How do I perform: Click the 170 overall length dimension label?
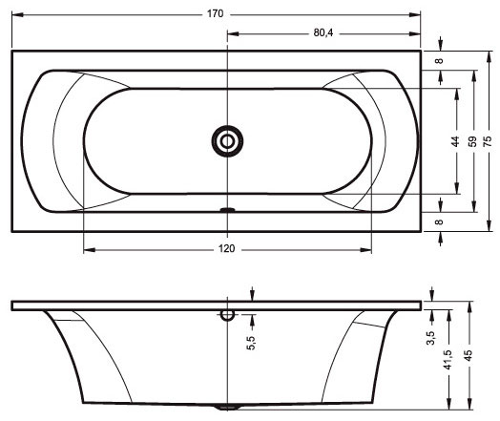(216, 14)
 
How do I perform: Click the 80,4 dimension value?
(323, 32)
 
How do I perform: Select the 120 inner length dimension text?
(227, 248)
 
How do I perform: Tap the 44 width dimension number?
(455, 141)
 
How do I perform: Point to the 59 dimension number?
(472, 141)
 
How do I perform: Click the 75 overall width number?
(488, 141)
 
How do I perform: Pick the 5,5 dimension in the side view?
(251, 343)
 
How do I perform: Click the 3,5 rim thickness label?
(430, 338)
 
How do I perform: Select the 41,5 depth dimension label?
(448, 360)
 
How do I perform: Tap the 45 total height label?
(468, 356)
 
